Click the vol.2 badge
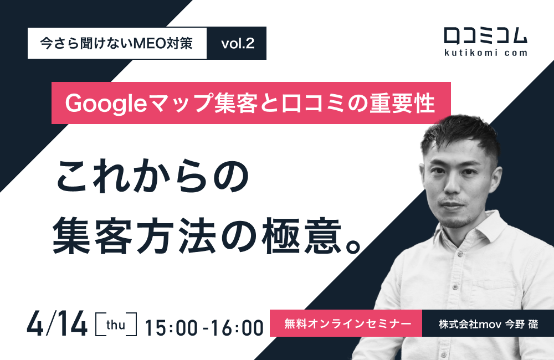(237, 44)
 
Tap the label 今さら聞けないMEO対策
(117, 44)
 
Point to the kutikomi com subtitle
(485, 54)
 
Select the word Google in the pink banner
(104, 103)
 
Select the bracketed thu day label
(117, 325)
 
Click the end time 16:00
(239, 327)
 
